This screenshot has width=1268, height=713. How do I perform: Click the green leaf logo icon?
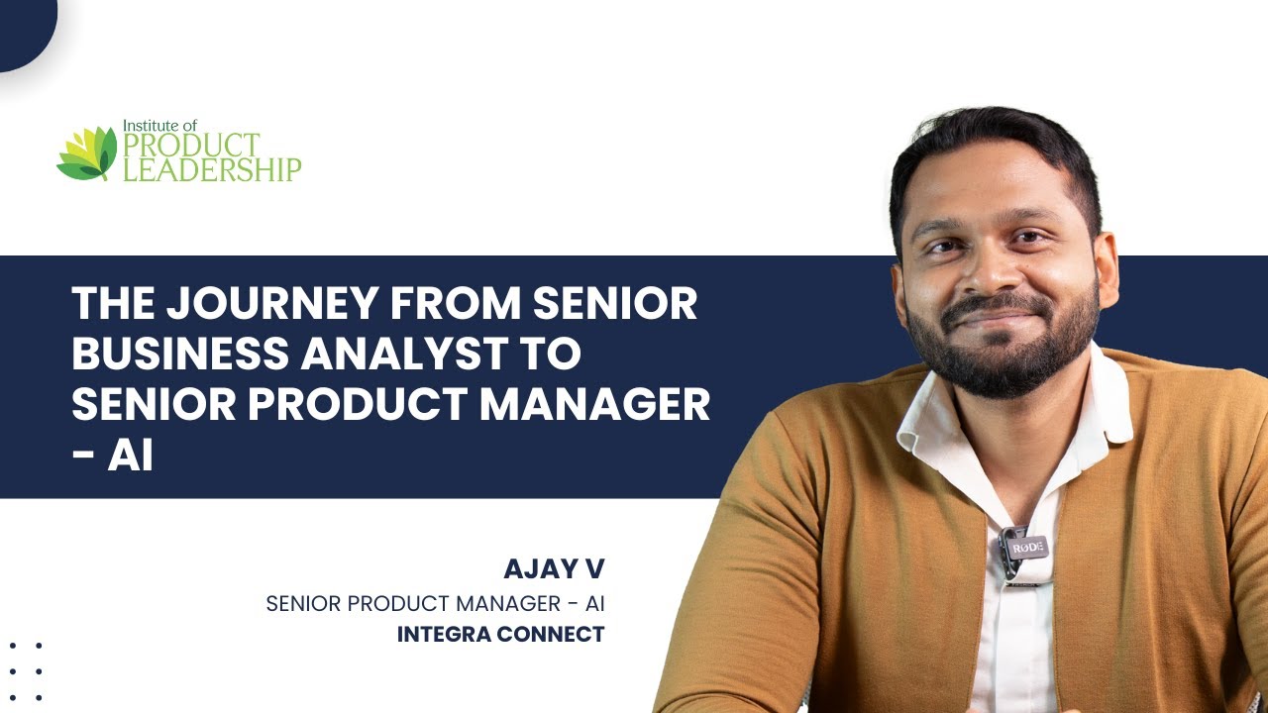pyautogui.click(x=87, y=153)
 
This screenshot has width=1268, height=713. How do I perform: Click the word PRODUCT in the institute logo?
pyautogui.click(x=191, y=146)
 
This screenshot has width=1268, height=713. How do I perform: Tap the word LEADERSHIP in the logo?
pyautogui.click(x=212, y=169)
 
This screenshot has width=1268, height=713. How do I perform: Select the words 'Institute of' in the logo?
pyautogui.click(x=159, y=126)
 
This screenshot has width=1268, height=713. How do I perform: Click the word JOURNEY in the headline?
pyautogui.click(x=272, y=303)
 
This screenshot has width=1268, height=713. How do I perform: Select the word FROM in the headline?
pyautogui.click(x=456, y=303)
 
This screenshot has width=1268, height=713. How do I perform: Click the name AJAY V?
pyautogui.click(x=554, y=568)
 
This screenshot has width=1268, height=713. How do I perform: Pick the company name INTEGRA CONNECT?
pyautogui.click(x=500, y=635)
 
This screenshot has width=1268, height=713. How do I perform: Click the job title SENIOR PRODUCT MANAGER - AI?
pyautogui.click(x=435, y=604)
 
